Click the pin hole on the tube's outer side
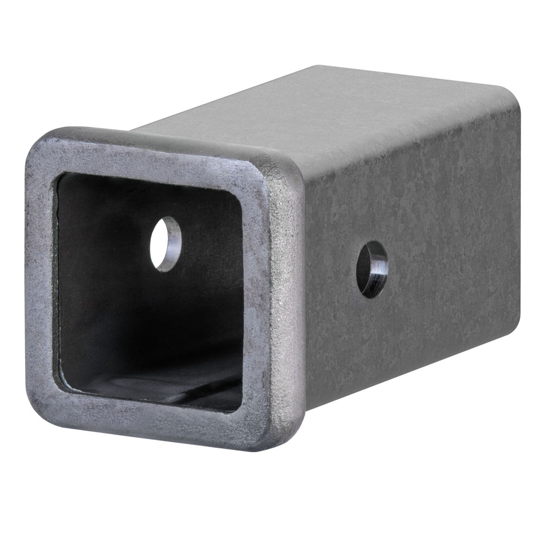(x=372, y=269)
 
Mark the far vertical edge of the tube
(x=518, y=213)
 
